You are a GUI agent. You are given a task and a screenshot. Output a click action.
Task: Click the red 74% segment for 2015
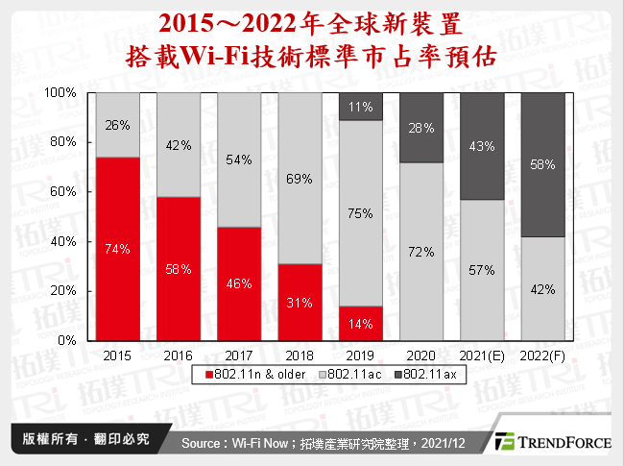pyautogui.click(x=117, y=248)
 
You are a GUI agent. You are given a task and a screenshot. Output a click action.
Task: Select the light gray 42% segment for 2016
pyautogui.click(x=179, y=145)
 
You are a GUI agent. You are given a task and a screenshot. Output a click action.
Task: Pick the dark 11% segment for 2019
pyautogui.click(x=360, y=107)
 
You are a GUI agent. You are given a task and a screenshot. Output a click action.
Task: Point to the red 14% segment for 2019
pyautogui.click(x=360, y=323)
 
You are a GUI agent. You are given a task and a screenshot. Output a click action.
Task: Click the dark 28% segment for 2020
pyautogui.click(x=420, y=128)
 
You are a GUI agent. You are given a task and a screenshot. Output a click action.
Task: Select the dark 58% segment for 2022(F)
pyautogui.click(x=542, y=164)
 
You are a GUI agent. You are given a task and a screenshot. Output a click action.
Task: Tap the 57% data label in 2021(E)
pyautogui.click(x=482, y=270)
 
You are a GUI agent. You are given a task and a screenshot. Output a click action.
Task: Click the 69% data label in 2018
pyautogui.click(x=300, y=179)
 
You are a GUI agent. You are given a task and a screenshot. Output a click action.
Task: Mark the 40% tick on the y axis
pyautogui.click(x=63, y=241)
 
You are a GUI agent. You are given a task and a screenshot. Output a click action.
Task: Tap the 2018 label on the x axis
pyautogui.click(x=300, y=355)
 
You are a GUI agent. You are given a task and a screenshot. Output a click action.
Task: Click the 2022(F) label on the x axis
pyautogui.click(x=542, y=355)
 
